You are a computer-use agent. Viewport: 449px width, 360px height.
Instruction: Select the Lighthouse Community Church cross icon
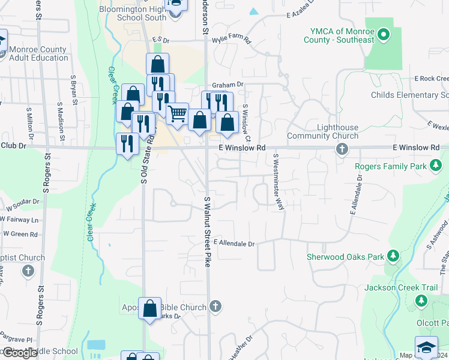point(342,148)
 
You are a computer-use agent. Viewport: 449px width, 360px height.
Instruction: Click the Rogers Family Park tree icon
point(437,166)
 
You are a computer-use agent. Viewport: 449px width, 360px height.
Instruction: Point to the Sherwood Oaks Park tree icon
point(393,257)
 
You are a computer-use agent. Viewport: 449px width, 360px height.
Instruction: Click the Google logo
point(20,353)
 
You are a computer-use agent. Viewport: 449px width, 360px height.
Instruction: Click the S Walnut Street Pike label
point(207,231)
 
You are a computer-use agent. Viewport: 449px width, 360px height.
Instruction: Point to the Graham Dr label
point(228,85)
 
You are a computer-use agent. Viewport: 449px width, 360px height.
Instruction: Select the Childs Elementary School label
point(409,95)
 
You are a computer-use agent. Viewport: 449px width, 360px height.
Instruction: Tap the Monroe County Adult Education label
point(38,53)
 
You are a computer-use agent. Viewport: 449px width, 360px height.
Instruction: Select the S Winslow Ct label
point(246,120)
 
